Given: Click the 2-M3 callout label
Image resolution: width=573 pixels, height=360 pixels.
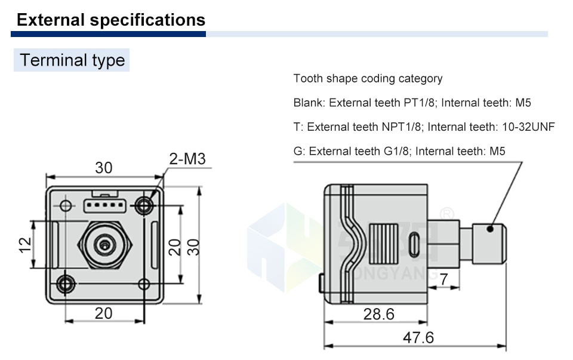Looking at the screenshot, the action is click(x=187, y=159).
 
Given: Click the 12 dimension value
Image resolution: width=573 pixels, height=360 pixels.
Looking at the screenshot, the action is click(x=26, y=245).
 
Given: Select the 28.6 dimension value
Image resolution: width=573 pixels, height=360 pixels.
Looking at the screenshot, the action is click(x=379, y=314).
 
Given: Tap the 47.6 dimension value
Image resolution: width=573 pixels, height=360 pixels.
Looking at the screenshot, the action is click(x=418, y=337).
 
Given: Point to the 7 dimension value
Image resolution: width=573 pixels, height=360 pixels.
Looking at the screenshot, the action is click(x=443, y=279).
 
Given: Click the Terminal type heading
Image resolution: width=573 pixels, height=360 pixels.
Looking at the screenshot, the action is click(x=72, y=60).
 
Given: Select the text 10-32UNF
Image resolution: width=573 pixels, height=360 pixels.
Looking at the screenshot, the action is click(x=528, y=127).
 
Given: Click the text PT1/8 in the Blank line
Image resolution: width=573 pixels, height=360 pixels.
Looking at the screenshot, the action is click(x=419, y=103).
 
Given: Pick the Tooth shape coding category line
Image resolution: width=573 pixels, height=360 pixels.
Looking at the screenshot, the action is click(x=368, y=79).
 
